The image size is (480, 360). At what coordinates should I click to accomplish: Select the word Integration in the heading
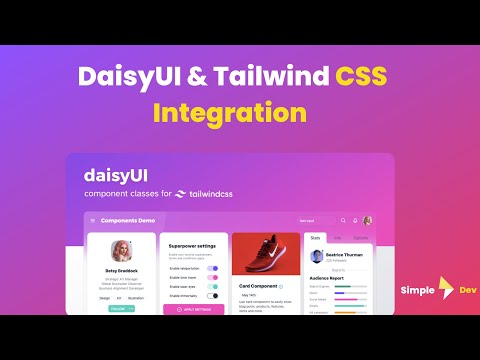(x=240, y=113)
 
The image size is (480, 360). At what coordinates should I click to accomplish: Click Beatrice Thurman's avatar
(x=315, y=259)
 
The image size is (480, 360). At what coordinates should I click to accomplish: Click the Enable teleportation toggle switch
(x=212, y=268)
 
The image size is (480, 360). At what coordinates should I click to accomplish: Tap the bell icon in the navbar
(x=355, y=220)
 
